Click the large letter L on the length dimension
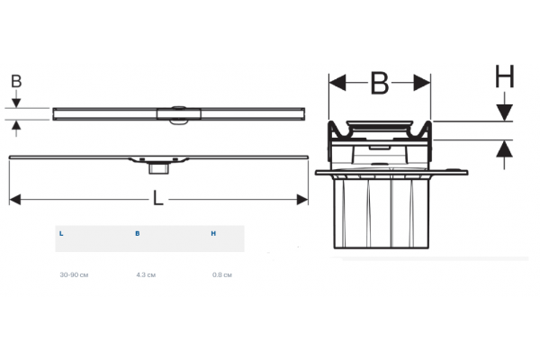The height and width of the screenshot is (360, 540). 158,198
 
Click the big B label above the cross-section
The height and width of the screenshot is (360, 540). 380,83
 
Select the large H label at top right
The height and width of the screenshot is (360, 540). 505,76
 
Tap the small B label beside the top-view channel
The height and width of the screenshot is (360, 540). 16,82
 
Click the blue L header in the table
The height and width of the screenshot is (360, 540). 61,234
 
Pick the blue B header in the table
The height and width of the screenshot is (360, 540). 138,234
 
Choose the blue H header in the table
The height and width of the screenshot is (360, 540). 213,234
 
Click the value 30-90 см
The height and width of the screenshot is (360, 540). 74,274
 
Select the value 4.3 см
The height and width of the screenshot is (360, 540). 146,274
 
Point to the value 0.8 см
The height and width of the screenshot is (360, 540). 222,274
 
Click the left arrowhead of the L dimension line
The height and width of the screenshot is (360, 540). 14,200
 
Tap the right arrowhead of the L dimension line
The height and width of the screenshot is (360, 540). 302,200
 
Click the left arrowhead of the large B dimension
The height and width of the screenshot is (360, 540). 337,83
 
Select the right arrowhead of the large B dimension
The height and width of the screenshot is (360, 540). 422,83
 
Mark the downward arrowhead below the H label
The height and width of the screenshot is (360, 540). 505,112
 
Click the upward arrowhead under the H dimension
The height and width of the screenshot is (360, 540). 505,148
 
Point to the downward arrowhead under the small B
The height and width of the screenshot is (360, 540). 16,103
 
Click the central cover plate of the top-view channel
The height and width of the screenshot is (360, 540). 179,114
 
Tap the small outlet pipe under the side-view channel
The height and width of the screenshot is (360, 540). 158,169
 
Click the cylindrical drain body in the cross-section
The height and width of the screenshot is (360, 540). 382,213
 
